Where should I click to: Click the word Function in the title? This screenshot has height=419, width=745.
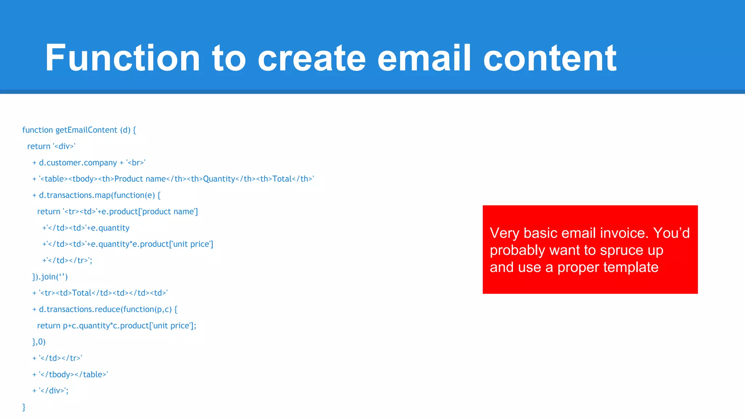coord(122,58)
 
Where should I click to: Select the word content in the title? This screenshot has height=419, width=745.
coord(550,58)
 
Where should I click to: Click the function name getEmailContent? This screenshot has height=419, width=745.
coord(86,130)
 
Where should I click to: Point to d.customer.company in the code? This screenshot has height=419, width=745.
coord(78,163)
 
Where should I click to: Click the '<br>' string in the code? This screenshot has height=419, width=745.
coord(136,163)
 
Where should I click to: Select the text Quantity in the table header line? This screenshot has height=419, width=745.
coord(219,179)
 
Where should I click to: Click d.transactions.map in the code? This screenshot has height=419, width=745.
coord(75,195)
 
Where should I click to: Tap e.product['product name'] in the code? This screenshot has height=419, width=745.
coord(150,212)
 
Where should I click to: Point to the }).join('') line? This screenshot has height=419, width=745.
coord(50,277)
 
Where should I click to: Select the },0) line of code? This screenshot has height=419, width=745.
coord(39,342)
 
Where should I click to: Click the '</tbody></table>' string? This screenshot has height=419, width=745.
coord(73,374)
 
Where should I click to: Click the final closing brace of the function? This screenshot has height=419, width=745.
coord(24,407)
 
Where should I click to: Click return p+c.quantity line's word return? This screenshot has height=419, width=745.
coord(48,326)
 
